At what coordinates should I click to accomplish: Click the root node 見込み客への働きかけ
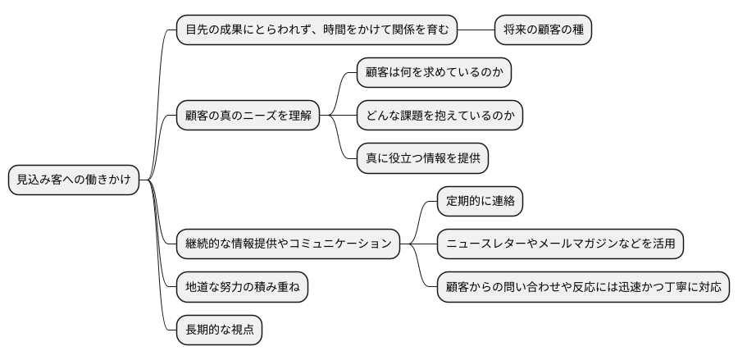coord(73,180)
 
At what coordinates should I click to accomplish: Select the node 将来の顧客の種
coord(544,30)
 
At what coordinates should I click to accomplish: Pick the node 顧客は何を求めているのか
coord(434,73)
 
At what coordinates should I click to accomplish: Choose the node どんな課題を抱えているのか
coord(440,116)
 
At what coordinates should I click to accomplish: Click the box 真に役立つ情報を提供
coord(423,158)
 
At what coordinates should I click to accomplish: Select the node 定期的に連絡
coord(480,201)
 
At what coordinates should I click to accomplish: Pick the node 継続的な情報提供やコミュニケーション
coord(289,244)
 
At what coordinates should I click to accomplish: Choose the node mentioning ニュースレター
coord(560,244)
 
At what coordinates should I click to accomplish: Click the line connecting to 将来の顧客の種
coord(476,30)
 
